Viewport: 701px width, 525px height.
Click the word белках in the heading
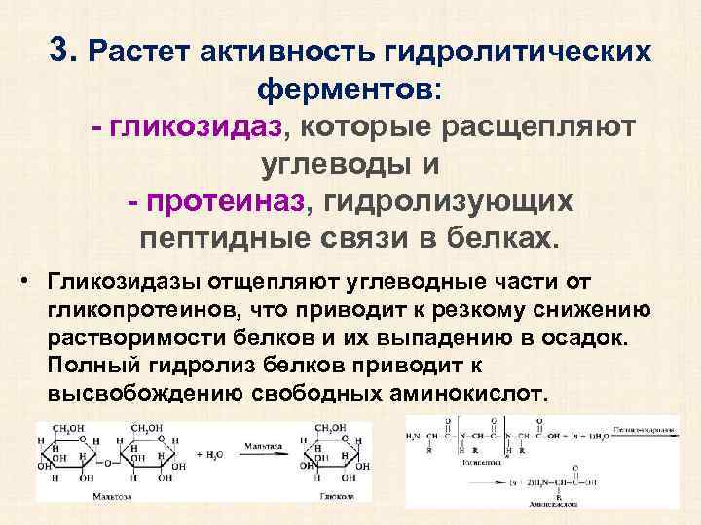pyautogui.click(x=505, y=238)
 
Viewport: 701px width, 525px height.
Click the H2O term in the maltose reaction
pyautogui.click(x=210, y=454)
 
